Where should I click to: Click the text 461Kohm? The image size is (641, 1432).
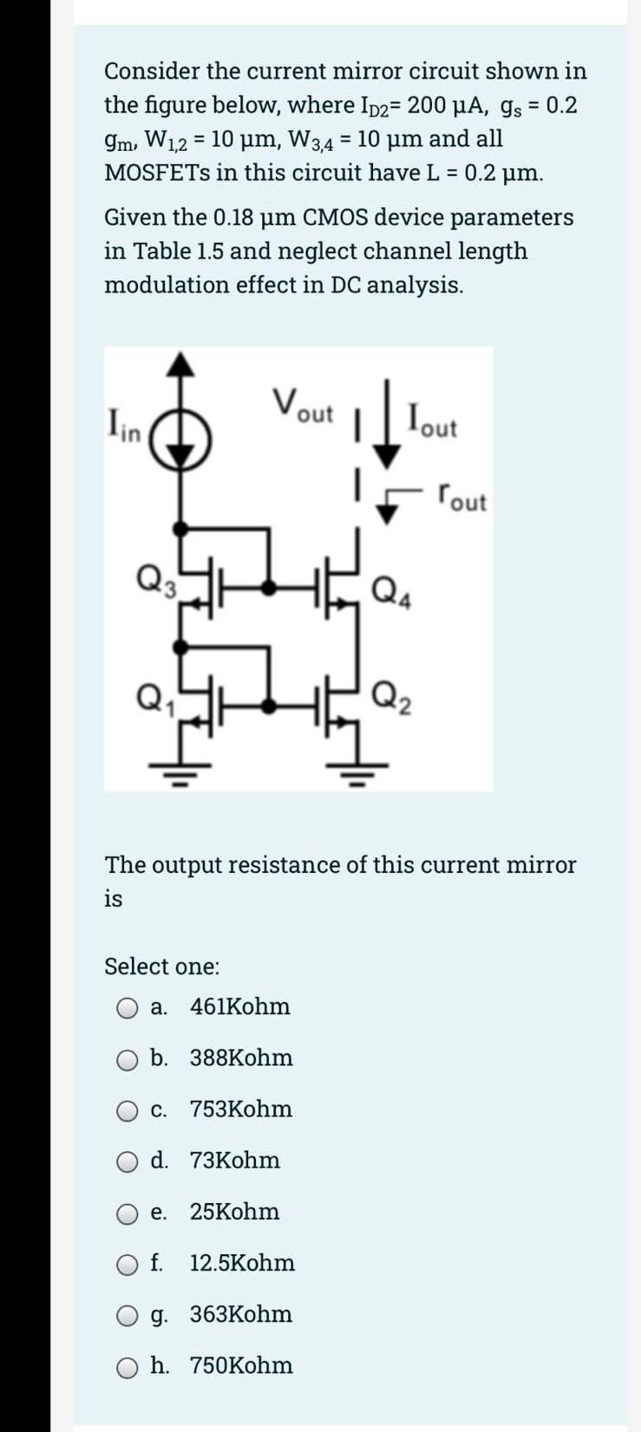click(x=239, y=1007)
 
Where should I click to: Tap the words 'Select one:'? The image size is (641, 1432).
click(x=161, y=967)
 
